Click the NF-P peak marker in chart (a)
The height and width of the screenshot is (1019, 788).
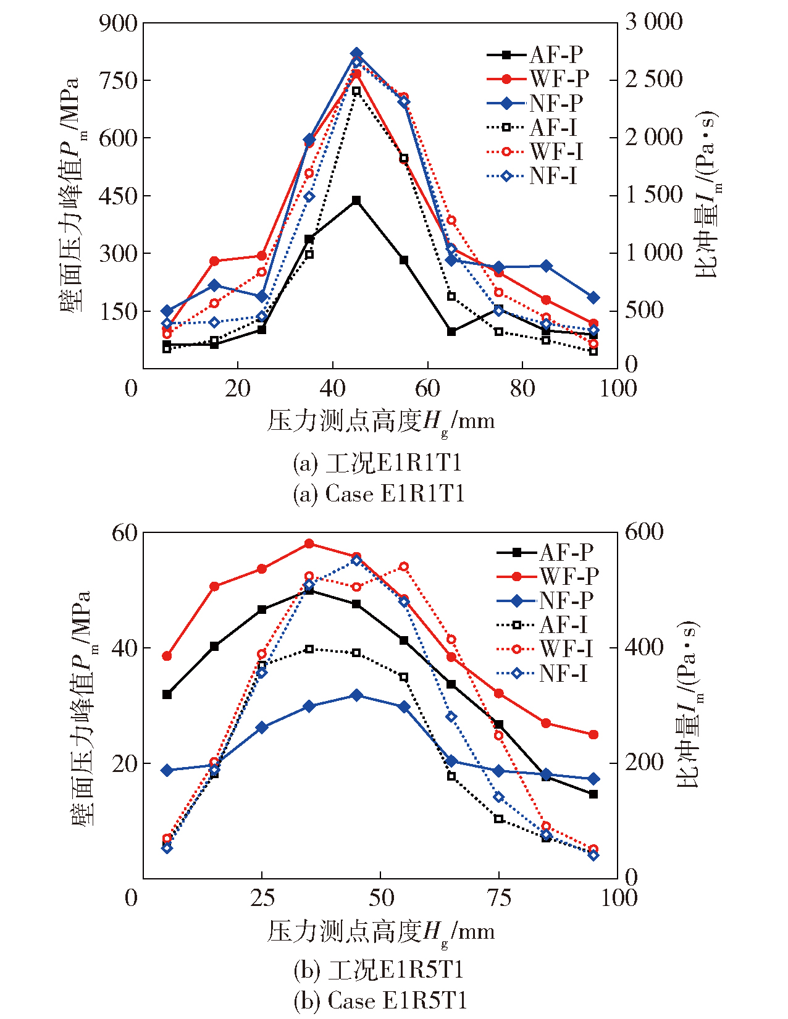click(356, 54)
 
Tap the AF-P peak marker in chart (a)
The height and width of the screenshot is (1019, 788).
click(356, 201)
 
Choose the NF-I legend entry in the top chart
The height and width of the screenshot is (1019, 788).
click(534, 176)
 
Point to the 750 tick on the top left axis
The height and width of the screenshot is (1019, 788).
click(118, 80)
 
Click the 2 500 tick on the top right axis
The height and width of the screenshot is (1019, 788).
click(654, 79)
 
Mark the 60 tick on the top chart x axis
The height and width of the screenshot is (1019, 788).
click(427, 388)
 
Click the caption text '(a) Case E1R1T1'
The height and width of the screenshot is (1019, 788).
click(379, 493)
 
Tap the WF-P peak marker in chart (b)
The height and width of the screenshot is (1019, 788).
click(309, 543)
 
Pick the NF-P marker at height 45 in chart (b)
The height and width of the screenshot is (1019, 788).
click(356, 695)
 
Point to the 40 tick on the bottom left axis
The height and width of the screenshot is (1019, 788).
click(124, 648)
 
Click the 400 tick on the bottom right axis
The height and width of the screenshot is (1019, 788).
click(644, 648)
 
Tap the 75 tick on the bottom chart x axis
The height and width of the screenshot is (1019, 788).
click(499, 898)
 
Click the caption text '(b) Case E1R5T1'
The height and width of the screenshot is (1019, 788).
click(380, 1000)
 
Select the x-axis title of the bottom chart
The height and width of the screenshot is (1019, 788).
click(380, 931)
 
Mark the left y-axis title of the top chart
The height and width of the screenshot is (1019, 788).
click(73, 195)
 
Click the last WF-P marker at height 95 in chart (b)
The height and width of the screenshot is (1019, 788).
click(593, 735)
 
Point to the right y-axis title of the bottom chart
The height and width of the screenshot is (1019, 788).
click(689, 704)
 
